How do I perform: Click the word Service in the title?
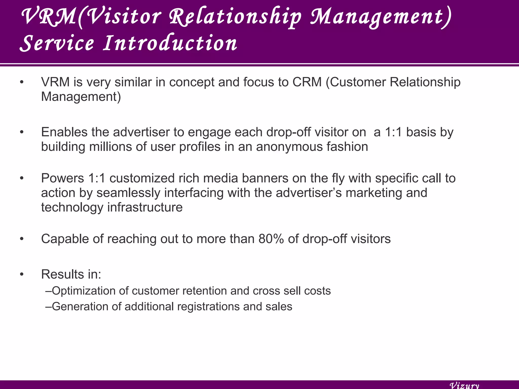57,43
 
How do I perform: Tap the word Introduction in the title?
170,43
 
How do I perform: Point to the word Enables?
64,132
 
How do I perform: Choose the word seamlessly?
128,193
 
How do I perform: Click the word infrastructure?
145,207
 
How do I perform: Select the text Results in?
71,274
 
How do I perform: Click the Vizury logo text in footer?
464,385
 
